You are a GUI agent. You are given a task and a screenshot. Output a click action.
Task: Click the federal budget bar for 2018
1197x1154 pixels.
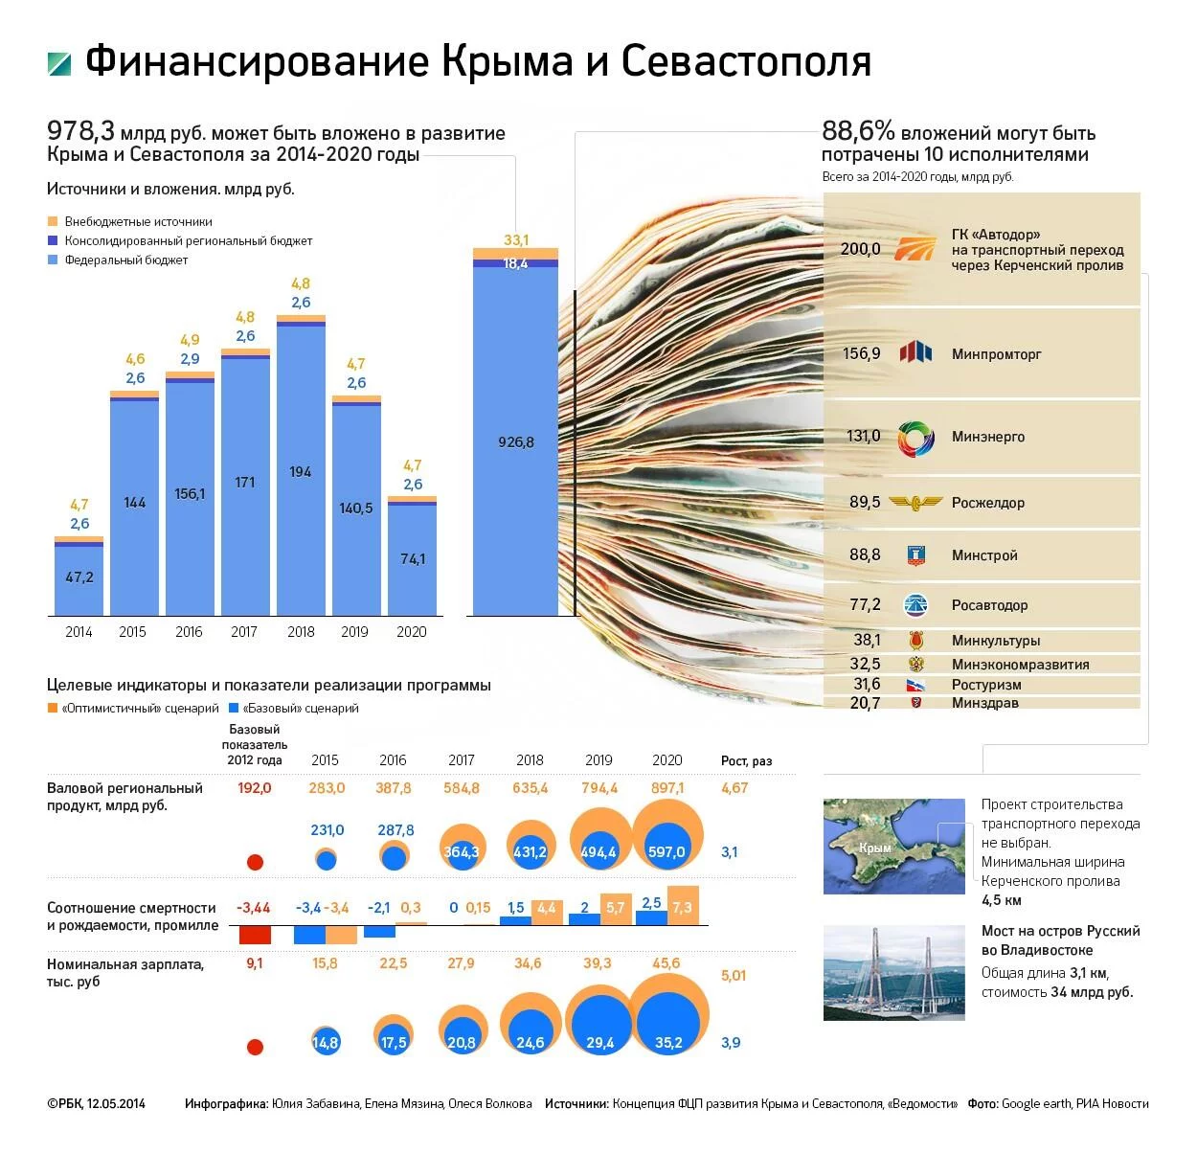[x=301, y=471]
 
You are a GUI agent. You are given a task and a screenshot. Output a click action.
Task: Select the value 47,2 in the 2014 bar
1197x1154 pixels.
[x=79, y=577]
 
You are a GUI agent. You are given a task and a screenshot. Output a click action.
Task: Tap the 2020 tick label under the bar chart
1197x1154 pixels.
[x=412, y=632]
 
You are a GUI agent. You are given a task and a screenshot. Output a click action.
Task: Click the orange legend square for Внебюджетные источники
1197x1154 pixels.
[x=53, y=221]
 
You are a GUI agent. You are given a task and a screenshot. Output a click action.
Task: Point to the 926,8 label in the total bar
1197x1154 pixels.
[x=516, y=442]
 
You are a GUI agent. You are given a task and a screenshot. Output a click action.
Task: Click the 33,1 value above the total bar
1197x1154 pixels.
[x=516, y=240]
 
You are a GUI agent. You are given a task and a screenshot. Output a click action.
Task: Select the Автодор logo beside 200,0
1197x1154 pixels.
[x=915, y=249]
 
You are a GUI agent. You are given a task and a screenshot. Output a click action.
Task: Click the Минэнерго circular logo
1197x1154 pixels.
[x=915, y=439]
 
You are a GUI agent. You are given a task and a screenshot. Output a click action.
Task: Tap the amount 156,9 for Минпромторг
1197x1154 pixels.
[x=861, y=353]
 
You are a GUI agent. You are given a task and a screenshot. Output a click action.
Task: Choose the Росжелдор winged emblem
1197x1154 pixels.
[x=915, y=502]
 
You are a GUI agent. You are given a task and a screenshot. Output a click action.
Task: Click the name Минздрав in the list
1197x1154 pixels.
[x=984, y=703]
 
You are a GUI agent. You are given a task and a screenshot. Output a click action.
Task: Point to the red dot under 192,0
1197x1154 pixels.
[x=255, y=862]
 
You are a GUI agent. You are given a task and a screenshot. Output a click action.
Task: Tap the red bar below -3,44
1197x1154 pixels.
[x=255, y=935]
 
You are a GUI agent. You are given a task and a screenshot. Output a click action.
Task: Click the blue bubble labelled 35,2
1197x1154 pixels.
[x=668, y=1030]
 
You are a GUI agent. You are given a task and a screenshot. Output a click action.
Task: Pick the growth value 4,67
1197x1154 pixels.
[x=734, y=788]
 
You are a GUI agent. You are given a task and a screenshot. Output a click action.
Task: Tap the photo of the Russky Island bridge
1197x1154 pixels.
[x=893, y=972]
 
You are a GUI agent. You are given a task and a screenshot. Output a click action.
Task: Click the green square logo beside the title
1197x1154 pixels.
[x=59, y=63]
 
